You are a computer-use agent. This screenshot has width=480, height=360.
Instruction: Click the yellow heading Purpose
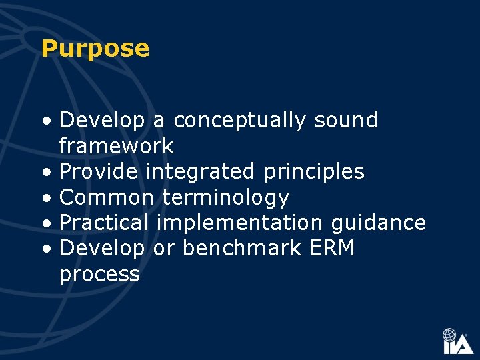(95, 49)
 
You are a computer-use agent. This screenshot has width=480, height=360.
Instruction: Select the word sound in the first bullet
(346, 120)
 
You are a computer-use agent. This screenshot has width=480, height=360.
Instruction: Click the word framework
(117, 146)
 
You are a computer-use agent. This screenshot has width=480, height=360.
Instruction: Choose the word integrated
(200, 172)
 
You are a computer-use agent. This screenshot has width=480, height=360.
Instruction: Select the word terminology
(225, 198)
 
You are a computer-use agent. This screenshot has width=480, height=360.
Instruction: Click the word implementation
(239, 223)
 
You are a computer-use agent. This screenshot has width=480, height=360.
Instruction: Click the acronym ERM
(333, 248)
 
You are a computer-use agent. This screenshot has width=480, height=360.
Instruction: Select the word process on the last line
(99, 275)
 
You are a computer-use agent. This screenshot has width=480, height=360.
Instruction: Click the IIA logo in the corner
(458, 341)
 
